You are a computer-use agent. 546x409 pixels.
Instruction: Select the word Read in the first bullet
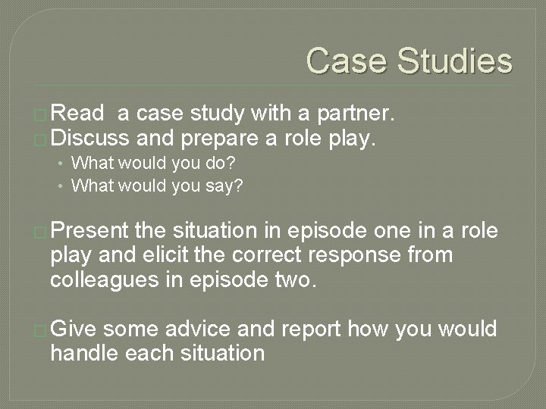pos(80,114)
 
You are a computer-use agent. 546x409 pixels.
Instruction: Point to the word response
pos(351,256)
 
